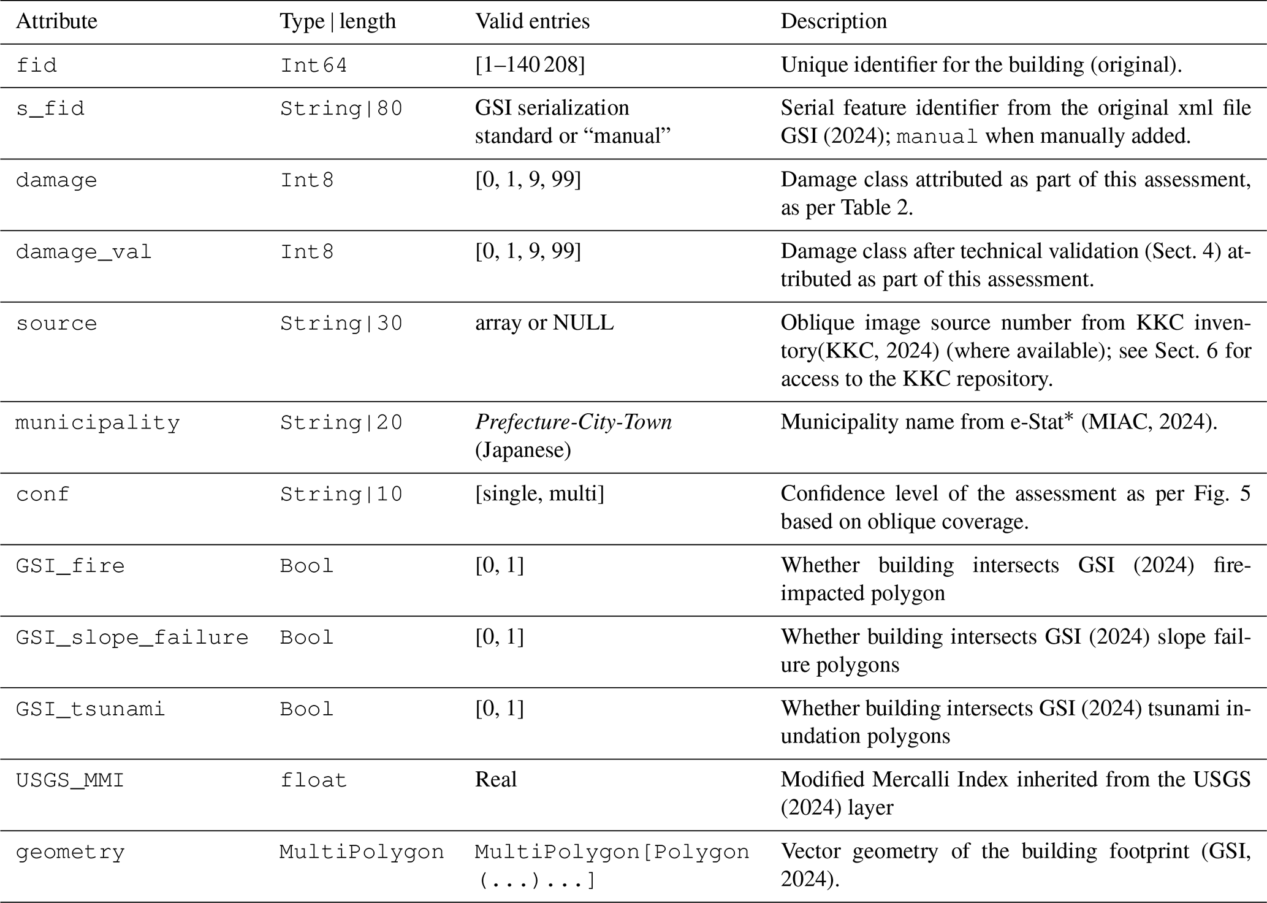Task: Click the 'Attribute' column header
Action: pos(56,21)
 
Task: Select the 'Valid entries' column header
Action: pos(532,21)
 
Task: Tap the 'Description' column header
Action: pos(833,21)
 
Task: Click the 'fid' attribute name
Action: pos(36,65)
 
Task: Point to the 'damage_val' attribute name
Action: pos(83,252)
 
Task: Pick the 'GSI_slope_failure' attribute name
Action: pos(132,638)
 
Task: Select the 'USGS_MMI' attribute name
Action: pos(70,780)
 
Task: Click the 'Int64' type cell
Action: pos(313,65)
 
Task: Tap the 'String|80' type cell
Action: pos(341,109)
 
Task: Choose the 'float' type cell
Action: pos(313,780)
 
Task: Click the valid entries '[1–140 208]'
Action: pos(530,65)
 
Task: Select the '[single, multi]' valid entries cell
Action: pos(539,493)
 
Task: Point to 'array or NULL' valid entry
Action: pos(544,323)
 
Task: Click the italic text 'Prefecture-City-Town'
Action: pos(573,422)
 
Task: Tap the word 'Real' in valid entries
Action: pos(495,780)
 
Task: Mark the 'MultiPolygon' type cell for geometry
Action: pos(362,852)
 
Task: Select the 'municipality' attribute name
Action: pos(97,423)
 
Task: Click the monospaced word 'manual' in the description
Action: pos(936,137)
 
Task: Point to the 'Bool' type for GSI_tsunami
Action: pos(306,709)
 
